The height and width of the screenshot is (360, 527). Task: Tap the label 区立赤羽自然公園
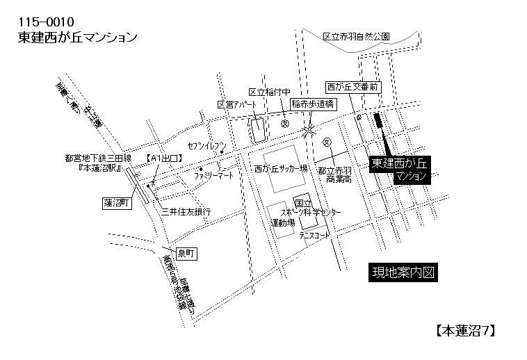[x=357, y=35]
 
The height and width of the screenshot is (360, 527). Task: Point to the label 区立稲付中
[x=269, y=92]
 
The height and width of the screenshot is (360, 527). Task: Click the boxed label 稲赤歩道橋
[x=313, y=103]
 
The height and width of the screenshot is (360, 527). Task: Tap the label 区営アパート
[x=236, y=104]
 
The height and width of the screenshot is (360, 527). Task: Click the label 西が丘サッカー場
[x=281, y=168]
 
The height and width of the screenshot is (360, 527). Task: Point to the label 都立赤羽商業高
[x=334, y=174]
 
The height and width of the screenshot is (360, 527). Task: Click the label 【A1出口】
[x=164, y=158]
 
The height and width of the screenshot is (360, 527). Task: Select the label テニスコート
[x=315, y=236]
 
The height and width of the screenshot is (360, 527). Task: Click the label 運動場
[x=282, y=223]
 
